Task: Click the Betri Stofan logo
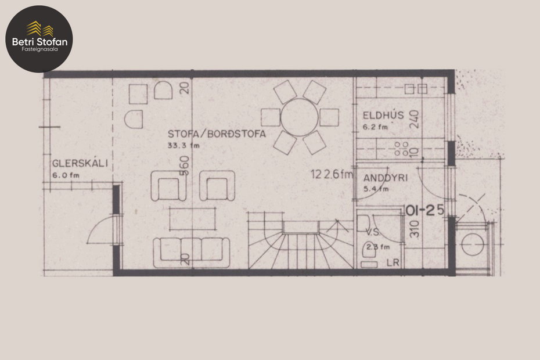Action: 39,38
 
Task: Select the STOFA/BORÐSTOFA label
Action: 217,134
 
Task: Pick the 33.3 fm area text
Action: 183,146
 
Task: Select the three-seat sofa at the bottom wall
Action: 189,249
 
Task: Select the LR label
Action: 393,262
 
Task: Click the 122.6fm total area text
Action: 332,173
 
